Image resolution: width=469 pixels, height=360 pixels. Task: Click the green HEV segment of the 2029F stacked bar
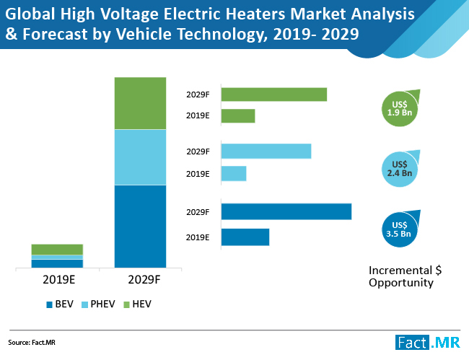click(x=140, y=102)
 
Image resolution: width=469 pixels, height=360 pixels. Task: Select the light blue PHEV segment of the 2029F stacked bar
click(x=140, y=157)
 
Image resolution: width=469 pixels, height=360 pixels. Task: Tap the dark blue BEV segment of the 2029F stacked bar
click(x=140, y=227)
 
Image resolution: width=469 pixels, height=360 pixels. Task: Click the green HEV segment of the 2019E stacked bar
click(x=57, y=249)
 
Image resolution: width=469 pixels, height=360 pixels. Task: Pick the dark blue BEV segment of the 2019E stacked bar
click(x=57, y=263)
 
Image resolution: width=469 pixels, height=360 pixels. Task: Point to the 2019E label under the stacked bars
click(x=57, y=279)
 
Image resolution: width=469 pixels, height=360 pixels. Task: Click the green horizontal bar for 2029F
click(x=273, y=95)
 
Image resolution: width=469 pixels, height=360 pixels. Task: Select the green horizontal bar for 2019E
click(x=237, y=116)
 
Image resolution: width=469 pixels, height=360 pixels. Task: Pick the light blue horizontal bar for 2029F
click(x=266, y=151)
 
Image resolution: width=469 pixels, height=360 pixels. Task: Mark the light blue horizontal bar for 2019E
click(x=233, y=174)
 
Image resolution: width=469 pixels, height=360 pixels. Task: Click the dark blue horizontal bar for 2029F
click(x=286, y=211)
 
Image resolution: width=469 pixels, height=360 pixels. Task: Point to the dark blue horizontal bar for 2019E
click(x=245, y=237)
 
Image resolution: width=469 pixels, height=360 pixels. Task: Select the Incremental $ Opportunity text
click(x=404, y=276)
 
